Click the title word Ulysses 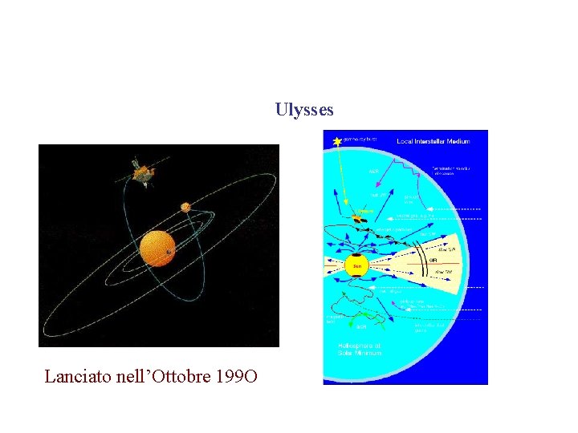[304, 110]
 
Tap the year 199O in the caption [237, 375]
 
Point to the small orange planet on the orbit [185, 207]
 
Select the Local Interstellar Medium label [433, 141]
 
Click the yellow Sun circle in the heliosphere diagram [356, 265]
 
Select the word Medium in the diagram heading [458, 141]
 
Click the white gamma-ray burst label [361, 139]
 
